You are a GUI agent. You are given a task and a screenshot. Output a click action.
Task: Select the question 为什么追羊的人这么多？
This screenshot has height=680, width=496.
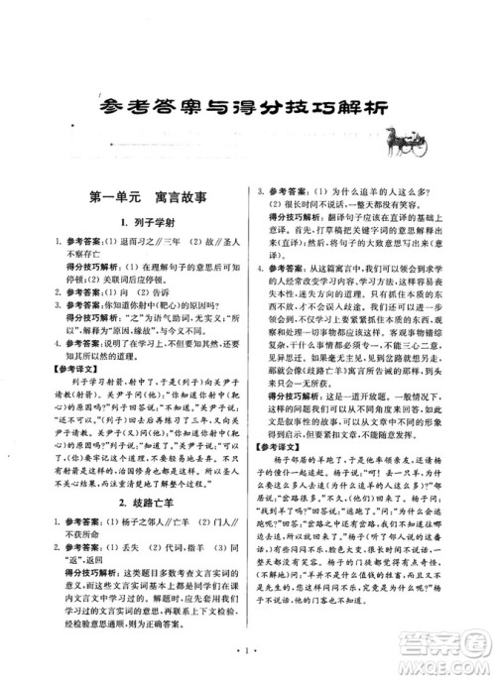click(x=376, y=189)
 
